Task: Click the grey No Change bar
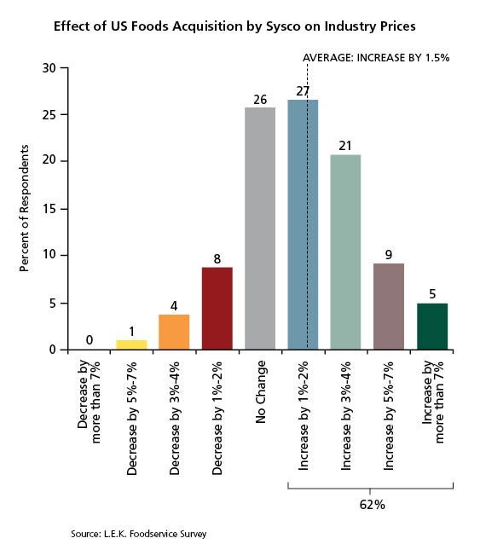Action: (x=260, y=229)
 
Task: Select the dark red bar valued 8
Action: (x=217, y=309)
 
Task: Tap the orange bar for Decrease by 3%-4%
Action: (x=174, y=332)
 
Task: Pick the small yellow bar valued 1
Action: (x=131, y=344)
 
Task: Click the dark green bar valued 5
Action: (x=432, y=327)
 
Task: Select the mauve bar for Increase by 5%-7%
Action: (x=389, y=306)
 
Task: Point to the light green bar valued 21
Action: (x=345, y=252)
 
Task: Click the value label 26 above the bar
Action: (x=260, y=100)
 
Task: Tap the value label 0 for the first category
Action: (x=90, y=340)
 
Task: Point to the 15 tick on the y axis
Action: (x=49, y=209)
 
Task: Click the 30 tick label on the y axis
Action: (x=49, y=68)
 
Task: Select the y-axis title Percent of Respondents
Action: (x=24, y=208)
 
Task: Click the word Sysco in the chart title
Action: (x=284, y=26)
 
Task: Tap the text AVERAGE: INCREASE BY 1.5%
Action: (x=376, y=58)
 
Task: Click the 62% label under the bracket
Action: (x=372, y=505)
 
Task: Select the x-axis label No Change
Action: (x=261, y=392)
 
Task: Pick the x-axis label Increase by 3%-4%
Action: (x=346, y=416)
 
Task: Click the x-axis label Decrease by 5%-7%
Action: (x=132, y=418)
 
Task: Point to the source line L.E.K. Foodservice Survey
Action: (x=139, y=534)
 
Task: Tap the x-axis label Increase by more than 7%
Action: (x=433, y=402)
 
